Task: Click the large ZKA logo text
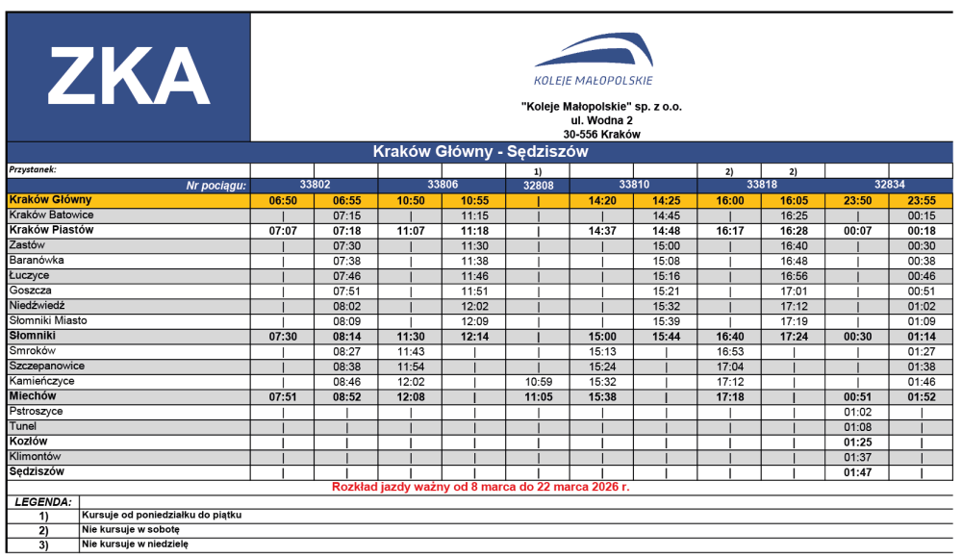(x=129, y=76)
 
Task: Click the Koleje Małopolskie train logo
(x=594, y=59)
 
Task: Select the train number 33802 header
(x=315, y=184)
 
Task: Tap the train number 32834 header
(x=889, y=184)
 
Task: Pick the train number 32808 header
(x=538, y=185)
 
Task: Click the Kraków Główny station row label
(x=44, y=199)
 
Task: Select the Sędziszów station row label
(x=37, y=472)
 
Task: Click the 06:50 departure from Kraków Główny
(x=283, y=201)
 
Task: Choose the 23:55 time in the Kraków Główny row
(x=922, y=201)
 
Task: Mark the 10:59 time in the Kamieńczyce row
(x=538, y=382)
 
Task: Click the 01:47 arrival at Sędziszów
(x=857, y=473)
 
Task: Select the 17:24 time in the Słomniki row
(x=794, y=337)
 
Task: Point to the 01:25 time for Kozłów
(x=857, y=443)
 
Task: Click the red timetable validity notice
(x=480, y=488)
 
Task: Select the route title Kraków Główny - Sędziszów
(x=480, y=152)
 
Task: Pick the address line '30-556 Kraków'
(x=602, y=135)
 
